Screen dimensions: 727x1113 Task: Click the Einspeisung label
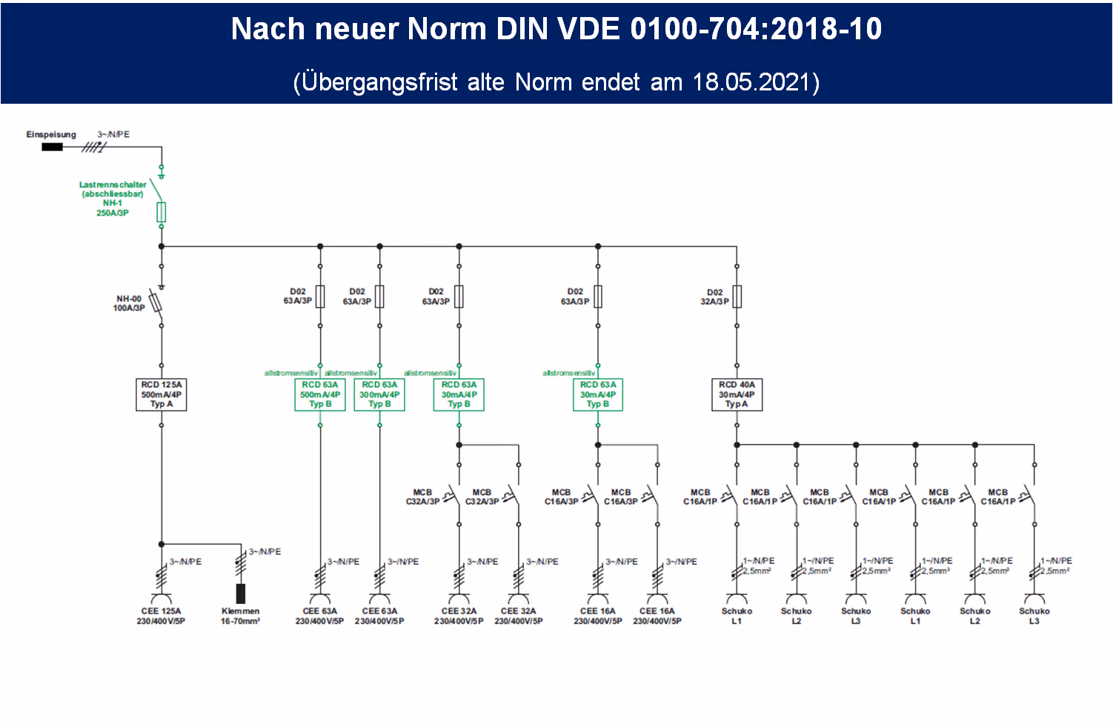pyautogui.click(x=51, y=134)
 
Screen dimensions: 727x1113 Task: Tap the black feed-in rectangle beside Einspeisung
pyautogui.click(x=52, y=147)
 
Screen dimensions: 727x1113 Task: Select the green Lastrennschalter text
pyautogui.click(x=113, y=185)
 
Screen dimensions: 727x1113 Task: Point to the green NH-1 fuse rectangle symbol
pyautogui.click(x=162, y=212)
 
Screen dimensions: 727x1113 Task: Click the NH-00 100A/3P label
pyautogui.click(x=129, y=303)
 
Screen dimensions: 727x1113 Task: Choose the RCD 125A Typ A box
pyautogui.click(x=162, y=394)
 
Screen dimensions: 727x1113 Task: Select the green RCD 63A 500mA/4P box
pyautogui.click(x=320, y=394)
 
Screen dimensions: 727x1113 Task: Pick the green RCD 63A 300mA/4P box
pyautogui.click(x=379, y=394)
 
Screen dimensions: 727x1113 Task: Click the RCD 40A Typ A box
pyautogui.click(x=737, y=394)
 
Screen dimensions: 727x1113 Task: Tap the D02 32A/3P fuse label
pyautogui.click(x=714, y=296)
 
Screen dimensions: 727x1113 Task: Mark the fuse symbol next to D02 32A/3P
pyautogui.click(x=737, y=296)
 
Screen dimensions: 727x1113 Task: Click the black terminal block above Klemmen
pyautogui.click(x=241, y=593)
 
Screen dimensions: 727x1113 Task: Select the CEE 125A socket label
pyautogui.click(x=161, y=616)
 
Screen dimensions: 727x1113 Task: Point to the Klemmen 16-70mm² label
pyautogui.click(x=240, y=616)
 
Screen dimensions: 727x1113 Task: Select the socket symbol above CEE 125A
pyautogui.click(x=161, y=598)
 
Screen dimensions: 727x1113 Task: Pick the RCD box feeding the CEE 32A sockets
pyautogui.click(x=459, y=394)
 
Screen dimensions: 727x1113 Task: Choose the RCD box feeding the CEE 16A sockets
pyautogui.click(x=598, y=394)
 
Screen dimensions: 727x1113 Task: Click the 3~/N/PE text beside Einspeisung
pyautogui.click(x=113, y=134)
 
